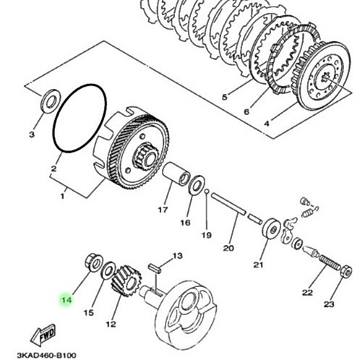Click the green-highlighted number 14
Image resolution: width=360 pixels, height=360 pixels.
tap(67, 300)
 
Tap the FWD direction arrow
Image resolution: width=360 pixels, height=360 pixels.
tap(43, 335)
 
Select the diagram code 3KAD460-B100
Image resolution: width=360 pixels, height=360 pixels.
tap(46, 355)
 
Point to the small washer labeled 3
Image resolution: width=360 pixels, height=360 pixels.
tap(50, 101)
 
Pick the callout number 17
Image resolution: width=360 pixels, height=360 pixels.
tap(163, 210)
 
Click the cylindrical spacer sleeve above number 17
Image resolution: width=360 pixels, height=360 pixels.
tap(176, 174)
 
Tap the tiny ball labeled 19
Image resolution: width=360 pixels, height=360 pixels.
tap(206, 192)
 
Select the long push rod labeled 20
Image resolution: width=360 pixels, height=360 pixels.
tap(228, 204)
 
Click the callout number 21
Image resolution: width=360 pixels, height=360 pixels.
tap(258, 265)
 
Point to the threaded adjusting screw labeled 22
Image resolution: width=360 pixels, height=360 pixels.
tap(330, 263)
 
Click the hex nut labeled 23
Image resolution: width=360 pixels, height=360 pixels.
tap(346, 271)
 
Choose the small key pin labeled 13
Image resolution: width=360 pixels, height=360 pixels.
tap(154, 268)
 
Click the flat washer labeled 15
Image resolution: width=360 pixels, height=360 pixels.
tap(108, 270)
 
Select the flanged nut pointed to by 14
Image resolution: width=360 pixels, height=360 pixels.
tap(93, 262)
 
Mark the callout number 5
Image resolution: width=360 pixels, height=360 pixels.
tap(224, 97)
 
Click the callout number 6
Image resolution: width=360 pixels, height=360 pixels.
tap(247, 112)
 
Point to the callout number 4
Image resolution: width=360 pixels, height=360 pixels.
tap(266, 124)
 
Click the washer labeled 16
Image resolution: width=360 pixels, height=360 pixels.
tap(197, 185)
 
